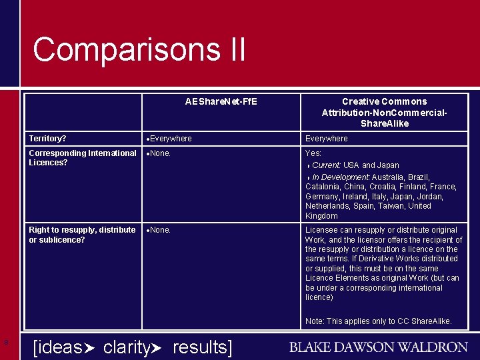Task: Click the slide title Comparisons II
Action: click(139, 50)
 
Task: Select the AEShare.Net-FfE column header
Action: click(221, 102)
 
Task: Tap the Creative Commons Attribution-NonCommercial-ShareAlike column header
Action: click(384, 112)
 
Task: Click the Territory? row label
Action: click(47, 139)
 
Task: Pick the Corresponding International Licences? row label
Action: click(82, 157)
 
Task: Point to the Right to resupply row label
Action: click(82, 235)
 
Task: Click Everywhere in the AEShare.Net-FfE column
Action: click(171, 139)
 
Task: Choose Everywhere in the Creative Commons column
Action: click(326, 139)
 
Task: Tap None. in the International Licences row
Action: click(161, 153)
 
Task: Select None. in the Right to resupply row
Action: click(161, 230)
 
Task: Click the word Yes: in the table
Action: click(313, 153)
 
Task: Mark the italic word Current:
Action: click(327, 165)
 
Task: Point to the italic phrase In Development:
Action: click(341, 177)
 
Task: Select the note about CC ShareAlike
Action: click(378, 321)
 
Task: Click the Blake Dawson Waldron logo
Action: click(378, 347)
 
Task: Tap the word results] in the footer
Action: click(202, 347)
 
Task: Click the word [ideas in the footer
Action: click(57, 347)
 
